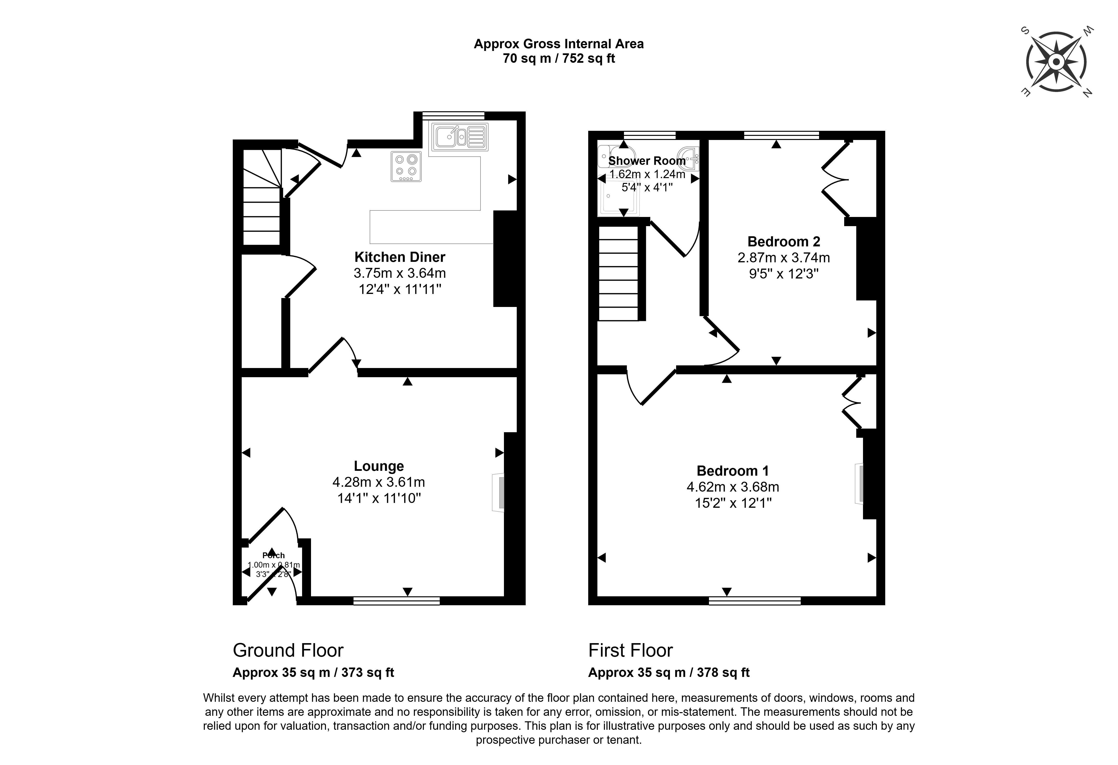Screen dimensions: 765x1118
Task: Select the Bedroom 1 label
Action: click(732, 471)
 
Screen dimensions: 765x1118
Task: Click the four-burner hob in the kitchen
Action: click(406, 166)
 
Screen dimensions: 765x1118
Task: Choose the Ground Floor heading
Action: click(288, 651)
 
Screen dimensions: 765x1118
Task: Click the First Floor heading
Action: click(630, 651)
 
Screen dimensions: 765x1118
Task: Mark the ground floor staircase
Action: click(261, 197)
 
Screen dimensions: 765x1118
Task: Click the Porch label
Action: click(273, 555)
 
